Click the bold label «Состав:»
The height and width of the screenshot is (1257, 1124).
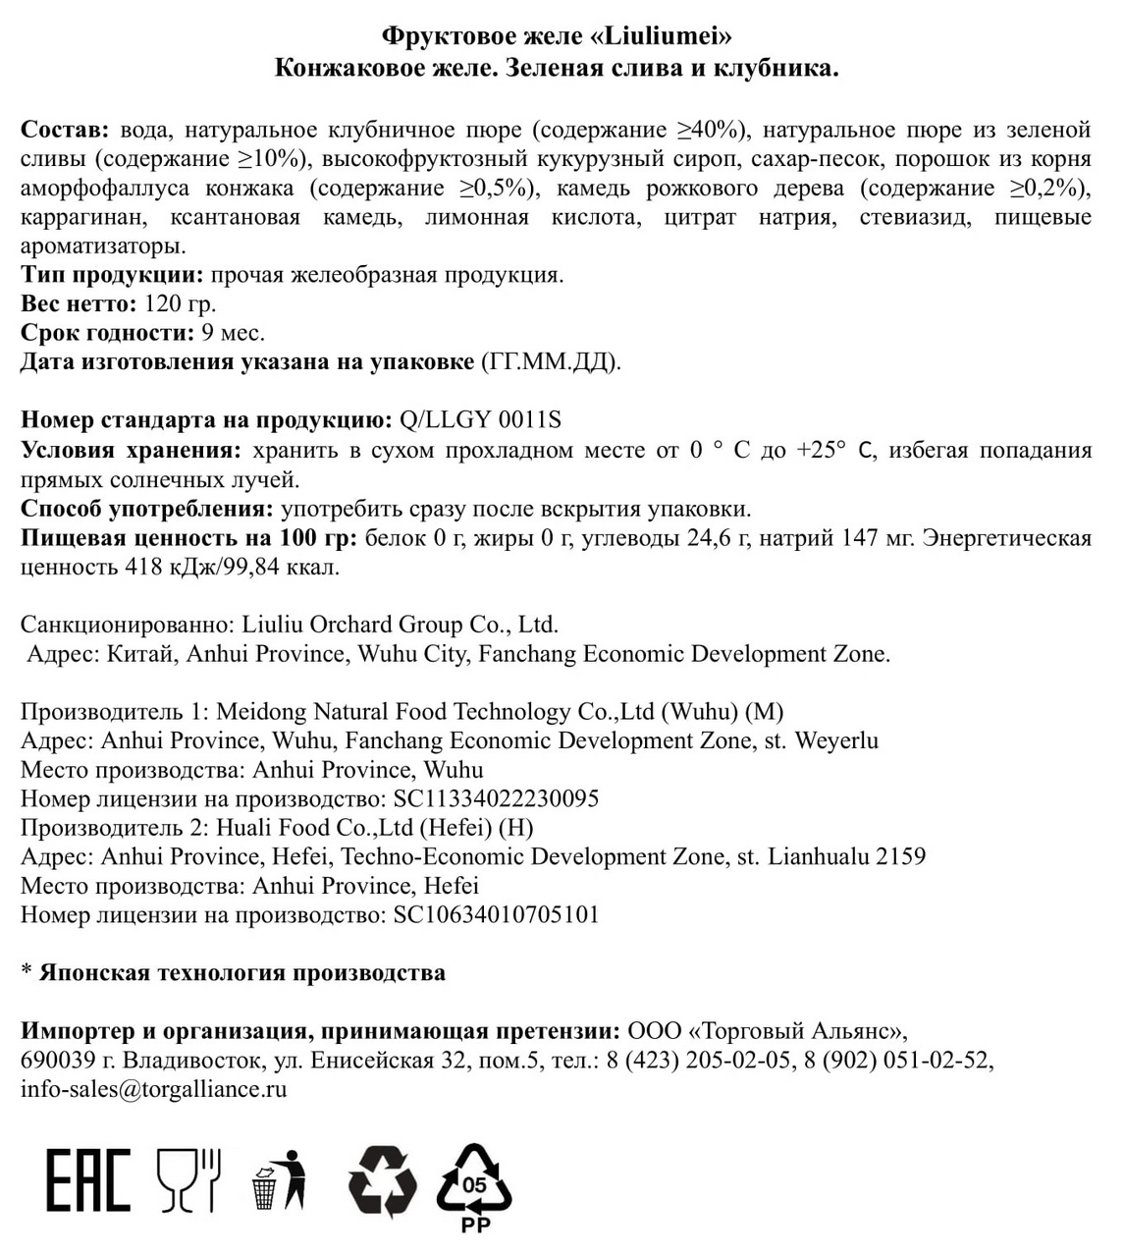[66, 130]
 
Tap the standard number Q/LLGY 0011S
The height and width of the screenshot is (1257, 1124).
[480, 420]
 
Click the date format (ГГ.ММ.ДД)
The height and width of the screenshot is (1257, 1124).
[550, 362]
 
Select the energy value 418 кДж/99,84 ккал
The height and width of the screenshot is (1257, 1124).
[232, 568]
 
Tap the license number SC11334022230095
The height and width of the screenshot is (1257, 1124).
[496, 798]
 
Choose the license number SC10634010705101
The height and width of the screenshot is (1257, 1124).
[496, 915]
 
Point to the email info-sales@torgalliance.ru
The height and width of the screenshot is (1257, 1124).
[154, 1089]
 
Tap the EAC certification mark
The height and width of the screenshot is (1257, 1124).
[87, 1179]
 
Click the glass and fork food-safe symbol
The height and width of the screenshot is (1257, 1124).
[189, 1179]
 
